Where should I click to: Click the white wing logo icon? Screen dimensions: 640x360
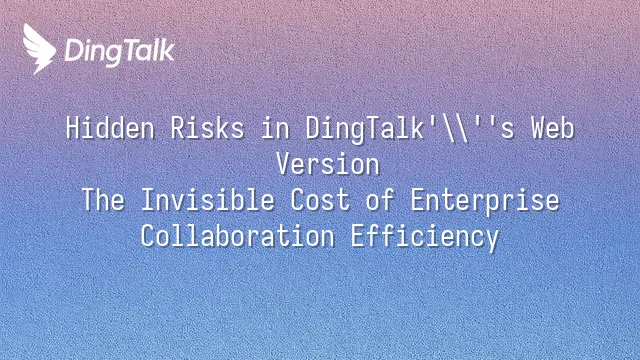39,49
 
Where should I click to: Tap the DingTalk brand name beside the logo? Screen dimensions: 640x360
120,52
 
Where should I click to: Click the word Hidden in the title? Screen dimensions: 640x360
110,128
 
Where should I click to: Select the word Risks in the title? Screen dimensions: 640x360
207,128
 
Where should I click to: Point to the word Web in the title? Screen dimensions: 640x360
553,128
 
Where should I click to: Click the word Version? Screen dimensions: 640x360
328,164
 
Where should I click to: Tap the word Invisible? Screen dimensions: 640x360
207,200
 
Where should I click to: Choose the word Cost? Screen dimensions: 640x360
320,200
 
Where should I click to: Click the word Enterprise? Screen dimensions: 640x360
484,201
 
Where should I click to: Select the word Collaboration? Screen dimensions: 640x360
238,236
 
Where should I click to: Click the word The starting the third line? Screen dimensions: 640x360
103,200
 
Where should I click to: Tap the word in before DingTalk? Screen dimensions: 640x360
275,128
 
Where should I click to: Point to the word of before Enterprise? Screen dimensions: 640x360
380,200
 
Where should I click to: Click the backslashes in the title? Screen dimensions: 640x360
457,129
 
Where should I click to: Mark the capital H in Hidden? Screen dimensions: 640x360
73,128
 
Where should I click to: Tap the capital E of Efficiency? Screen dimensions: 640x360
358,236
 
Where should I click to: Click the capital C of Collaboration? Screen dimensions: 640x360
147,236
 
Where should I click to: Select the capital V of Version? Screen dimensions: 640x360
284,164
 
